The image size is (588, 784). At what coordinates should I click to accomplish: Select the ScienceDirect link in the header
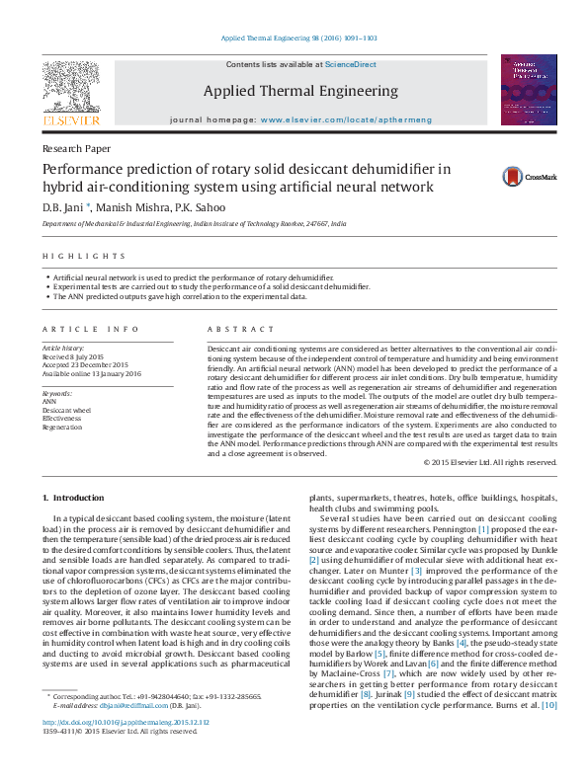click(x=352, y=64)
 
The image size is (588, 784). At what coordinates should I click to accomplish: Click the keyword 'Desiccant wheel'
click(x=66, y=410)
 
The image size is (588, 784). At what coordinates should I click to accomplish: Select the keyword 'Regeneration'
click(x=63, y=428)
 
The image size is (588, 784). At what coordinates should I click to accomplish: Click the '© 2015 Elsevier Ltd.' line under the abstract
click(x=489, y=462)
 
